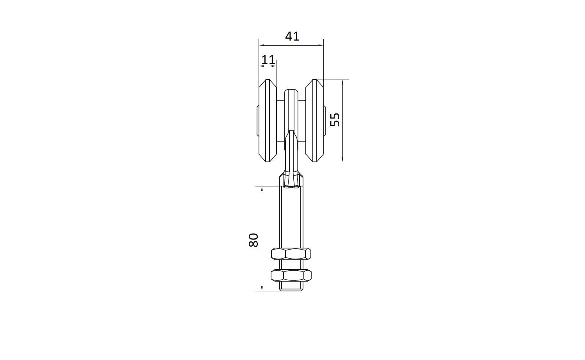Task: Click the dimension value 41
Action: coord(292,36)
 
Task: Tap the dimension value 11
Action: coord(268,60)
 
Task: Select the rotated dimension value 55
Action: coord(335,120)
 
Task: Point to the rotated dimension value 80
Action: coord(253,240)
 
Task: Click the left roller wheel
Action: coord(268,121)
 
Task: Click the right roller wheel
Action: coord(314,121)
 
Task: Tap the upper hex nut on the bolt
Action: coord(291,254)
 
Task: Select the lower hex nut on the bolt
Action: coord(291,275)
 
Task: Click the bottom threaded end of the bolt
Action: coord(291,286)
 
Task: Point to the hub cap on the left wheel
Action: coord(257,121)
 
